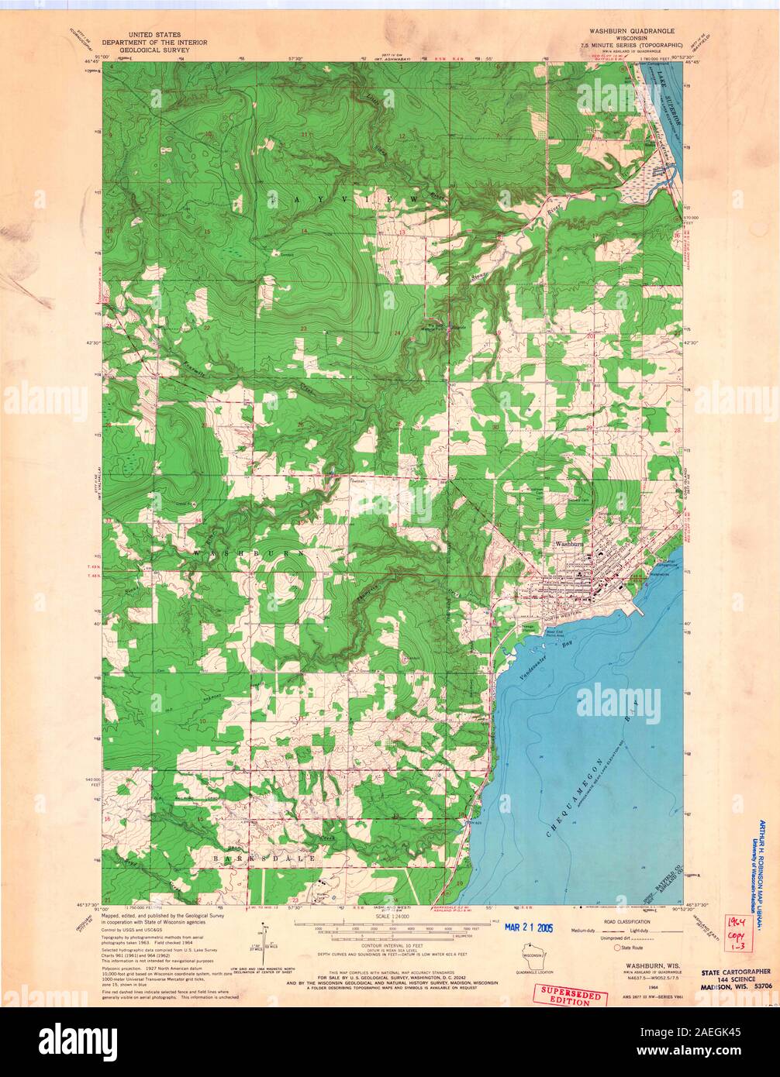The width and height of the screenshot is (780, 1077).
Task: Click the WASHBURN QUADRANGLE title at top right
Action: pos(633,35)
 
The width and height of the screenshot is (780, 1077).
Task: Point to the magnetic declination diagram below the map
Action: pos(264,939)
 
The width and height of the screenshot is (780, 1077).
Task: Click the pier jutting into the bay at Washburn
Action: pos(638,608)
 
